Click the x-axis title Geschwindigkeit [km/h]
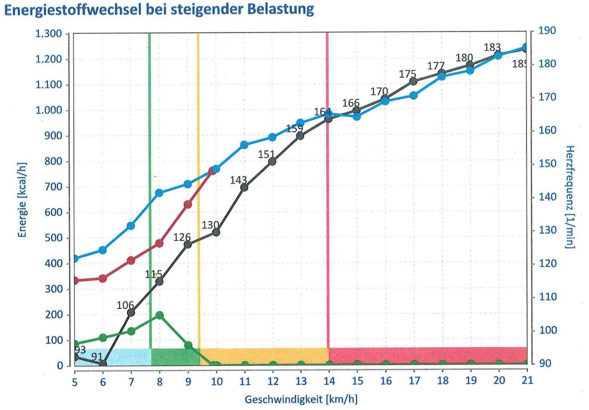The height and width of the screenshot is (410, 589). (301, 399)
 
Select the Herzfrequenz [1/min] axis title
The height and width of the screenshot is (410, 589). (570, 197)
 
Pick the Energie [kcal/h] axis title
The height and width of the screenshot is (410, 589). (22, 200)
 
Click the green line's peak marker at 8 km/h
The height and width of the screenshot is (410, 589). (159, 315)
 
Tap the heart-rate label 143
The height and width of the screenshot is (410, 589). (238, 180)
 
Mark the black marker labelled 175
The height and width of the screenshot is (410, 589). (413, 81)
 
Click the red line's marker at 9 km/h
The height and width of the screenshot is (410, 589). (188, 205)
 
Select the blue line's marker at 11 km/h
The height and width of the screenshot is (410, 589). (244, 145)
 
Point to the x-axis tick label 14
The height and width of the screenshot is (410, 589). (329, 381)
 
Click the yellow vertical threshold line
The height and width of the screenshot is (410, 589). (198, 188)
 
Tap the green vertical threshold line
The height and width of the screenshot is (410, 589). (150, 188)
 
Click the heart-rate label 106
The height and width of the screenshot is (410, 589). (125, 305)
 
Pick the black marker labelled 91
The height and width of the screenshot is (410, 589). (103, 363)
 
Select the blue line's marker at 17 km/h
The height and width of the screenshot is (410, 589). (413, 96)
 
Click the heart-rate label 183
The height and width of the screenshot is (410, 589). (492, 47)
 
